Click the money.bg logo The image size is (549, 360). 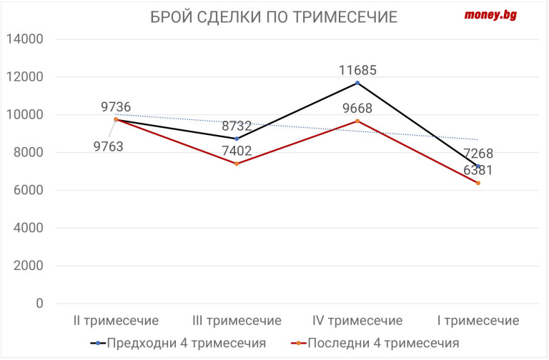coord(490,15)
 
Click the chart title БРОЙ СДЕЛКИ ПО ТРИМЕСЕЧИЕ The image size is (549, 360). coord(274,16)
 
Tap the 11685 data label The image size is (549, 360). coord(357,71)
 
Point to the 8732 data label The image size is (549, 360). coord(237,126)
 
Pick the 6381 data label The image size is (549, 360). coord(478,171)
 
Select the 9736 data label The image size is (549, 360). coord(116,106)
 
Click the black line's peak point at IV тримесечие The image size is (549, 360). coord(357,83)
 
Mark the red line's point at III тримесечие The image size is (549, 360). coord(237,164)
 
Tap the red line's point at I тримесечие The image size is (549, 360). coord(478,183)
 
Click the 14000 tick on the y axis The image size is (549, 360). coord(24,39)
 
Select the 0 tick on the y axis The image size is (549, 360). coord(39,304)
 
